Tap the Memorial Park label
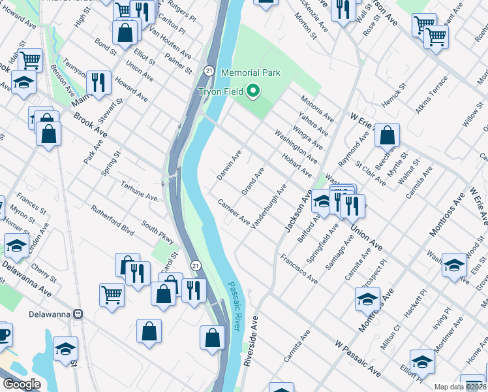point(251,73)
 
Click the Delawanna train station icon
point(79,314)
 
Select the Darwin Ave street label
point(229,166)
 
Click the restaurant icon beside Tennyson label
point(99,82)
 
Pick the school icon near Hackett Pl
point(367,299)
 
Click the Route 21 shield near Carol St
point(194,265)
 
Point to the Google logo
point(21,384)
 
